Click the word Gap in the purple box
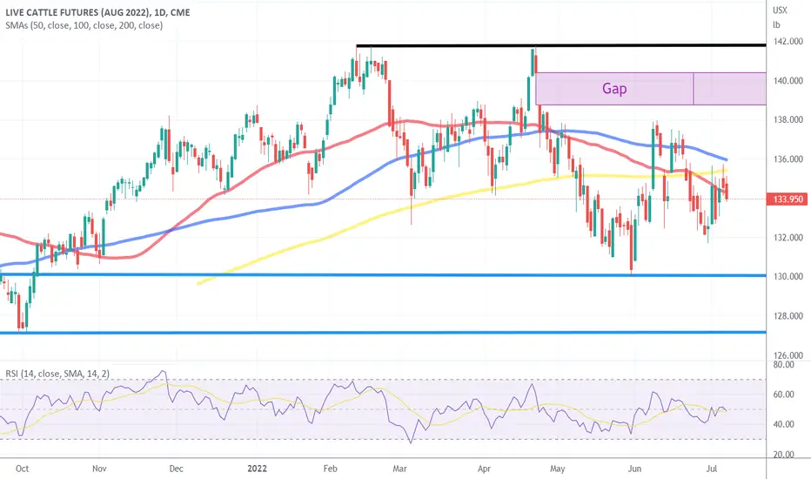click(614, 89)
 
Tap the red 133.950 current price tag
click(788, 199)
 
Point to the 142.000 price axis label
click(788, 42)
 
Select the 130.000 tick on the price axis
click(788, 277)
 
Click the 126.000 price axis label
click(788, 355)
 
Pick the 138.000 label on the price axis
click(788, 119)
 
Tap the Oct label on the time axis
click(23, 469)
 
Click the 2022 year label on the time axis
click(257, 469)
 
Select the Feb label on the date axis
click(330, 469)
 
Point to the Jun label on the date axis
click(634, 469)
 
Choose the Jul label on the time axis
click(712, 469)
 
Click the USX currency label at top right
click(780, 10)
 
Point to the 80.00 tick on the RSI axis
click(783, 365)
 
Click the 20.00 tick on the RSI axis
click(783, 455)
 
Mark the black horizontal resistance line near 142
click(561, 45)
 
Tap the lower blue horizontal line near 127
click(383, 332)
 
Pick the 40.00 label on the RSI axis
click(783, 425)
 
